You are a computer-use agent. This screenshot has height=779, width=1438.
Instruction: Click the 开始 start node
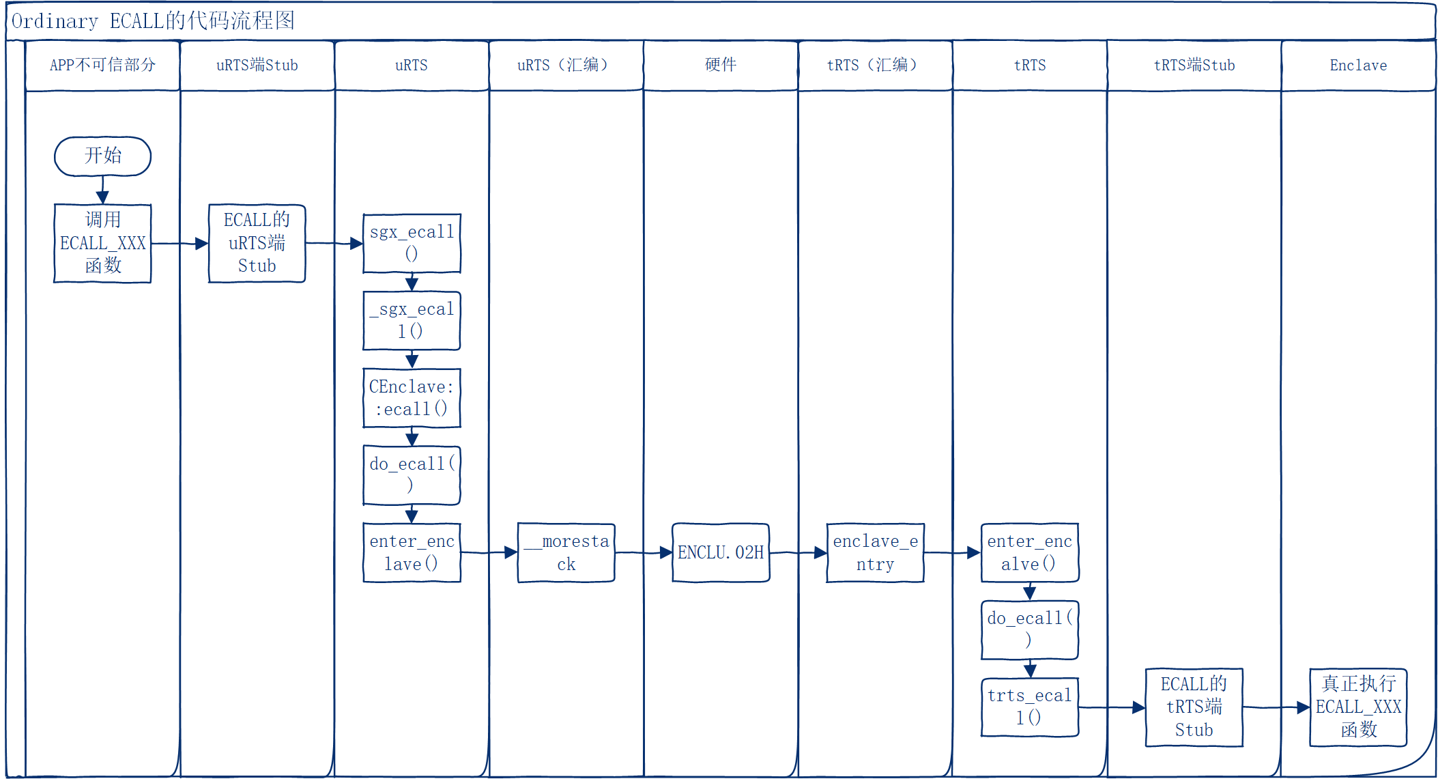click(102, 156)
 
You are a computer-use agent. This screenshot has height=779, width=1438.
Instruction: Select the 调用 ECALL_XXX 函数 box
click(102, 243)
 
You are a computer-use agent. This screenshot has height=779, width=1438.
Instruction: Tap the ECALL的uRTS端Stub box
click(257, 243)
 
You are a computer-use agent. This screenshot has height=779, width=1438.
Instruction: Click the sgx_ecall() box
click(412, 243)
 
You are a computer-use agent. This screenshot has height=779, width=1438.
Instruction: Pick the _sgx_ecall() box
click(412, 320)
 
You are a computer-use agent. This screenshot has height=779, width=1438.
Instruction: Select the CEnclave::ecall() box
click(412, 398)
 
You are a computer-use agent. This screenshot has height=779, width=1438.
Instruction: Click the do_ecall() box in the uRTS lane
click(412, 475)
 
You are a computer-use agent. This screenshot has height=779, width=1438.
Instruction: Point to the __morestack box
click(566, 552)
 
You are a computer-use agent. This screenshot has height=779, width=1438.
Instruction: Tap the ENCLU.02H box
click(721, 552)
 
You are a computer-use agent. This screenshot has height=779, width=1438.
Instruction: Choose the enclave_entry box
click(875, 552)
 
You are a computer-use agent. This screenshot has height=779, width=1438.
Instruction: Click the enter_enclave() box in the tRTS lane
click(1029, 552)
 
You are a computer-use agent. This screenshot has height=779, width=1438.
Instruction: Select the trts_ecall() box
click(1029, 707)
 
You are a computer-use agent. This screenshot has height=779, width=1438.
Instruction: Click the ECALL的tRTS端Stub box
click(1194, 707)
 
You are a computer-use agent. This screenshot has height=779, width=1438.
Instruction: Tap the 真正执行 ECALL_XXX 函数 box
click(1358, 707)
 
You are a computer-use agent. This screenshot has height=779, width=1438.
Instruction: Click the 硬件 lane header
click(721, 65)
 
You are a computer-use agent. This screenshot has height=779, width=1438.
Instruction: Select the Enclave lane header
click(1358, 65)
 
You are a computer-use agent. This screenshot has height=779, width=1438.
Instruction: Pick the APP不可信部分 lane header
click(102, 65)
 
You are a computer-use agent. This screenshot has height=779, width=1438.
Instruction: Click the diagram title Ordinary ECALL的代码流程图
click(154, 21)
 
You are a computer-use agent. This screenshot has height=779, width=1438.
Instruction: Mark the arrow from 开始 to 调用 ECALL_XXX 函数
click(102, 190)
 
